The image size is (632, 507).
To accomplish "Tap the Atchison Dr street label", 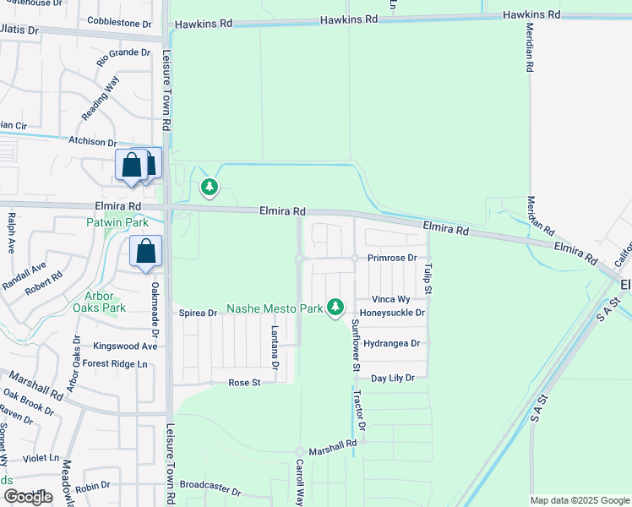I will click(x=93, y=143).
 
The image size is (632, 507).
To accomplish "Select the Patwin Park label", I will click(x=117, y=223).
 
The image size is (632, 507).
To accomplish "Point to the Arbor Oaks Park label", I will click(x=105, y=302).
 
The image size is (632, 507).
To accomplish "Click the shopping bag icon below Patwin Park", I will click(x=145, y=252).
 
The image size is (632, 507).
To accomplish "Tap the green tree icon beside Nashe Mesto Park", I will click(x=336, y=307).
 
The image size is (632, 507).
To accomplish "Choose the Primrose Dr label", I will click(x=392, y=258).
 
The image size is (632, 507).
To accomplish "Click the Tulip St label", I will click(x=428, y=279).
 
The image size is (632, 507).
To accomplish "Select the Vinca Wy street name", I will click(x=391, y=299).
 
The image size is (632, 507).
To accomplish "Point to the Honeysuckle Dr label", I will click(x=391, y=313).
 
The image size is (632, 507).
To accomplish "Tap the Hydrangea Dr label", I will click(x=391, y=344).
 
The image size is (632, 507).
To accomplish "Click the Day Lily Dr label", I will click(x=392, y=378).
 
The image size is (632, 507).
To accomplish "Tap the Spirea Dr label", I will click(x=198, y=313).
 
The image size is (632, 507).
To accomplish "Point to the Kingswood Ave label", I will click(x=125, y=346).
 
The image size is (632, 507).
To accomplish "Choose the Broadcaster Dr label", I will click(x=210, y=491).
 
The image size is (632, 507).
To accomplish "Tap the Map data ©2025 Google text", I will click(x=579, y=500).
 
